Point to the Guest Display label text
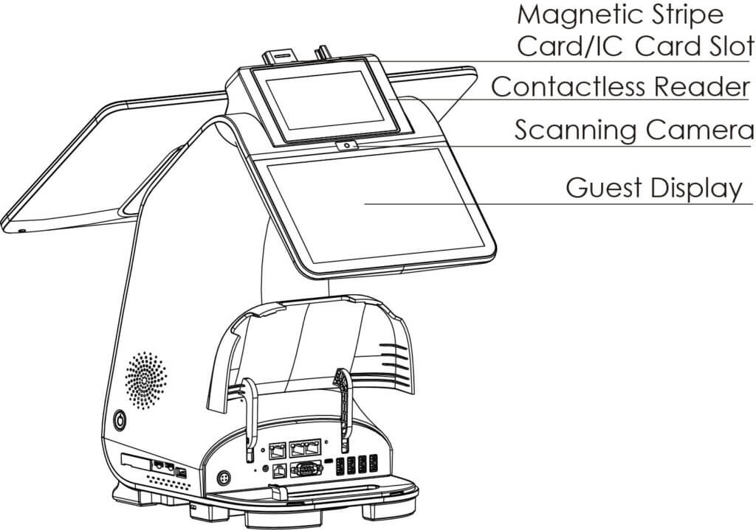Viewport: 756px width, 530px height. (653, 188)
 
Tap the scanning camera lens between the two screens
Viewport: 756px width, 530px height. (346, 146)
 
